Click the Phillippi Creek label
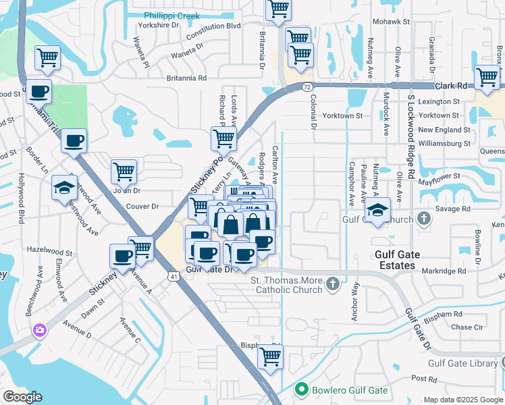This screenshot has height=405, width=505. tap(171, 16)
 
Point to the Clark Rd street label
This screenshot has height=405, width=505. tap(451, 86)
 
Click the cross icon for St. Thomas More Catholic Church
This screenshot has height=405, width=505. tap(332, 284)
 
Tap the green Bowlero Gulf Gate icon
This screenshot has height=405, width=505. tap(302, 389)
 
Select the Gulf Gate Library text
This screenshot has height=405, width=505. tap(462, 363)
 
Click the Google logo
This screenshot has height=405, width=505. tap(22, 396)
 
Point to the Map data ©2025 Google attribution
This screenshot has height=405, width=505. tap(462, 400)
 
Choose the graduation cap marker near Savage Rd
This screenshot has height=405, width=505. tap(379, 210)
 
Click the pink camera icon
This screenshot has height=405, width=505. tap(39, 330)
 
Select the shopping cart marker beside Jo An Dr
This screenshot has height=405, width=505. tap(124, 172)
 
